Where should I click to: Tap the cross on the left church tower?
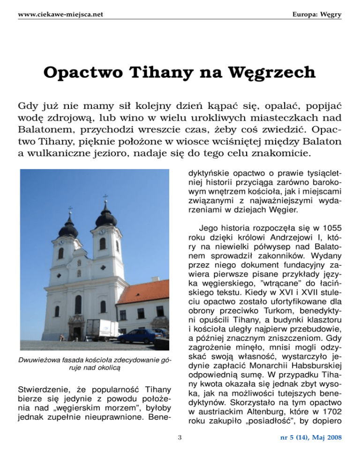[70, 209]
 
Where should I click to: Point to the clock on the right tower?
[101, 232]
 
